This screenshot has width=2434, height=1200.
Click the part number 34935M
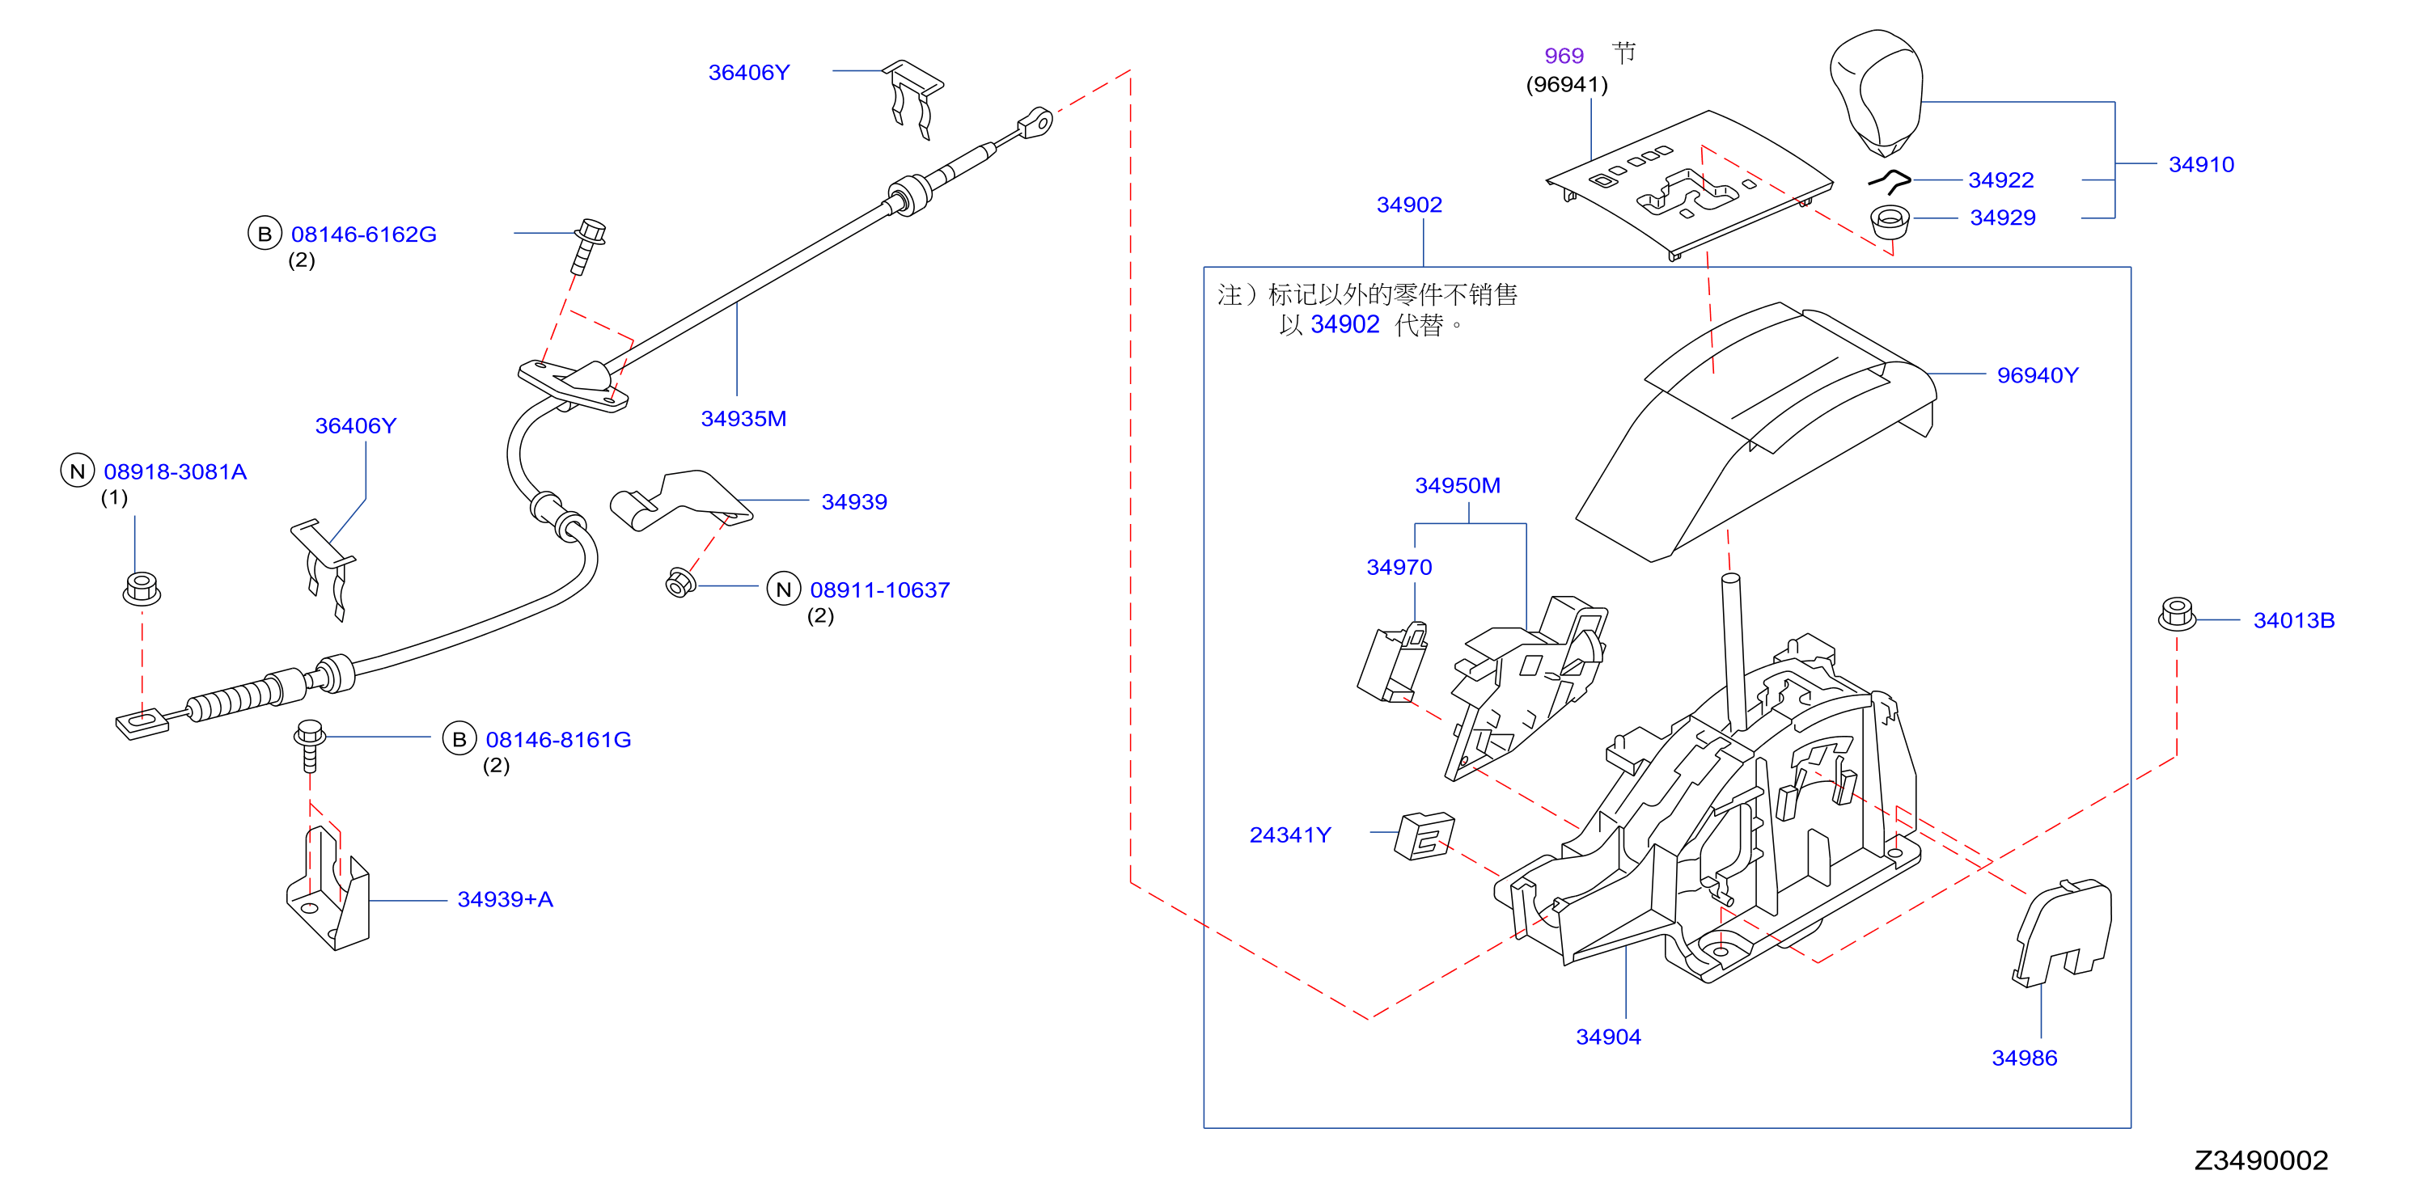tap(743, 419)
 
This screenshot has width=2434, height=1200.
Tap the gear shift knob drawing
tap(1877, 91)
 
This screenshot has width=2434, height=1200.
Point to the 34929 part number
tap(2002, 218)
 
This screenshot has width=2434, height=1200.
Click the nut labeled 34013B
tap(2177, 615)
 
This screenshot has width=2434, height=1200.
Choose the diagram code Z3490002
tap(2260, 1160)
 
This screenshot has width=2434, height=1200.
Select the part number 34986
tap(2024, 1058)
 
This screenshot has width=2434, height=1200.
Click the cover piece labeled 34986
tap(2063, 932)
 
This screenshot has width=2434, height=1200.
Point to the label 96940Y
tap(2037, 376)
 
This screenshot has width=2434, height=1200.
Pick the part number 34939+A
tap(505, 899)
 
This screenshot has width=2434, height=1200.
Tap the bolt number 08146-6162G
tap(364, 235)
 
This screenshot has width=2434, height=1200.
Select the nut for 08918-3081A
tap(142, 589)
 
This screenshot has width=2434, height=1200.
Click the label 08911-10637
tap(879, 590)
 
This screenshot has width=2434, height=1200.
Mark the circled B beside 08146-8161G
tap(459, 739)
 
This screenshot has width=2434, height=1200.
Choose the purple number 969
tap(1564, 57)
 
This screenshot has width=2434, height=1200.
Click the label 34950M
tap(1457, 486)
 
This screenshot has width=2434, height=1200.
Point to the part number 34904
tap(1608, 1037)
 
